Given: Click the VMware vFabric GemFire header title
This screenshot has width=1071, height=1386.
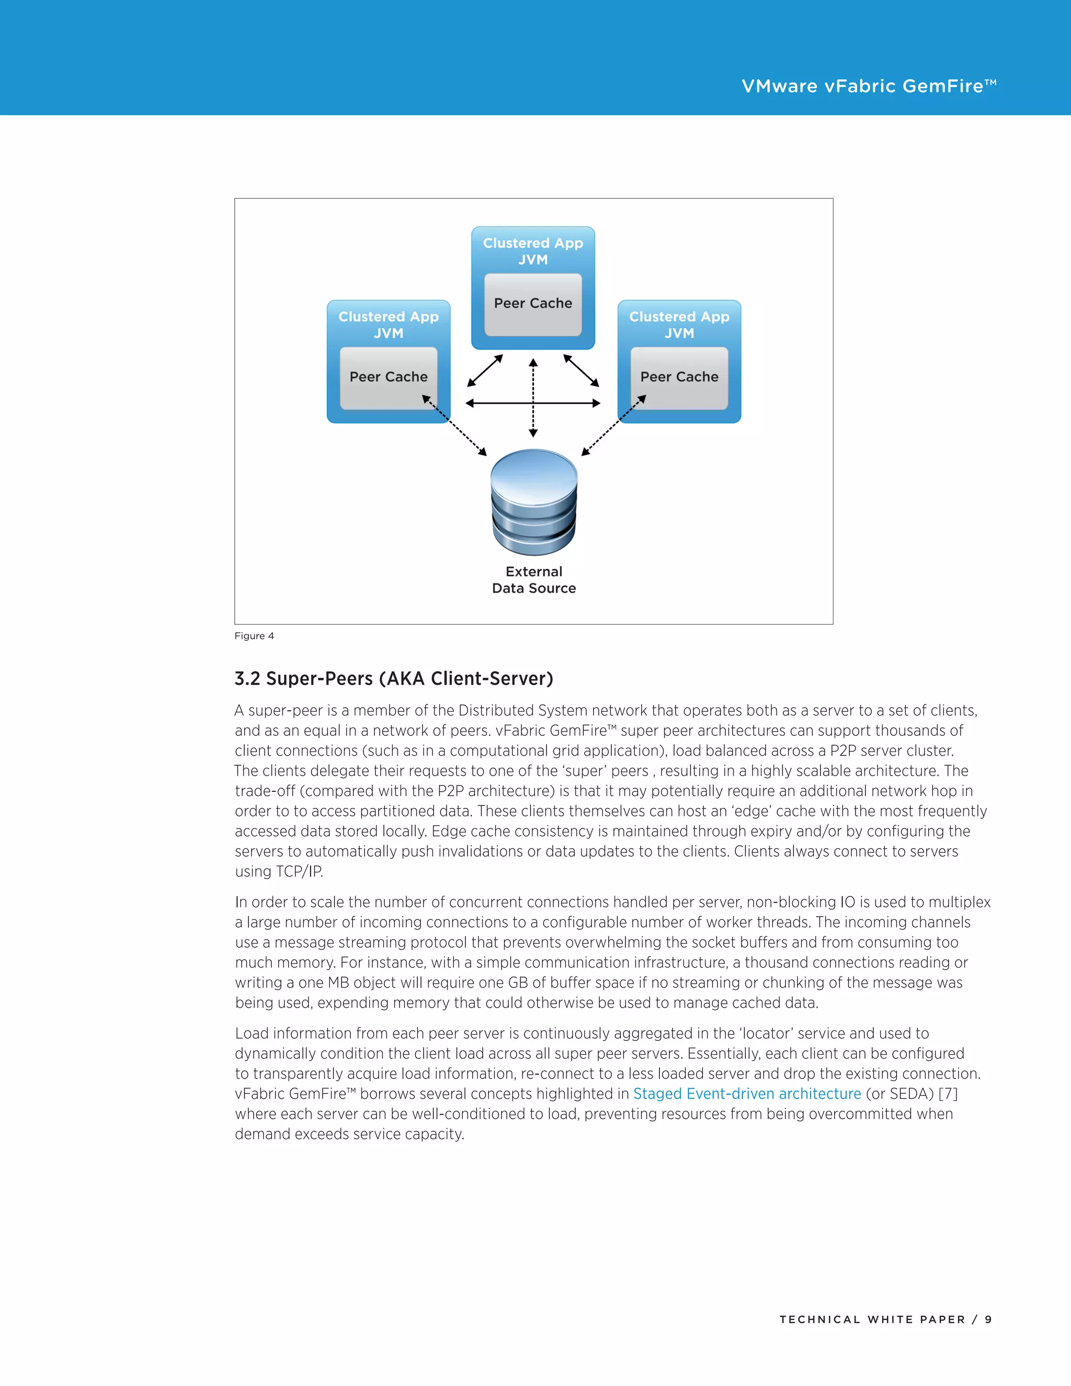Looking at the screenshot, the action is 868,86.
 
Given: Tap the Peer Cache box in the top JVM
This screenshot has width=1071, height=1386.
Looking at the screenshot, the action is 533,304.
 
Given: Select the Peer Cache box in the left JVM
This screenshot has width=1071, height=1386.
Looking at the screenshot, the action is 389,377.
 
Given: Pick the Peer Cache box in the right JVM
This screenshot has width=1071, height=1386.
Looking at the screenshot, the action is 679,377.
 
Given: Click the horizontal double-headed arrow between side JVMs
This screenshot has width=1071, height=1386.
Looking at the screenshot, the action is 533,403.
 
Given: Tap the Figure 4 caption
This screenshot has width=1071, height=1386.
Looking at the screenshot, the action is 254,636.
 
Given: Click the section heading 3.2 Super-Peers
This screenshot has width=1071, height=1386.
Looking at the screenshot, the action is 393,678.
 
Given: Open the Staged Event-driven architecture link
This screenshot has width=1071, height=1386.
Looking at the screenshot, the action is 747,1094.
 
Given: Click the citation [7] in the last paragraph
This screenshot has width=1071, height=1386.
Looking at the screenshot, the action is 947,1094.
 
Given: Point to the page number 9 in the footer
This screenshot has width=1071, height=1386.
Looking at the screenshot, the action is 988,1320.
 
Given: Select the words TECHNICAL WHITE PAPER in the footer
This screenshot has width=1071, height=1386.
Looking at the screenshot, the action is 872,1320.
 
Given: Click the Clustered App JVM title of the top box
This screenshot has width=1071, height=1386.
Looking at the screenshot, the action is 533,251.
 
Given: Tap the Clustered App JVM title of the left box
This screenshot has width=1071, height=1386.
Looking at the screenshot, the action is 389,325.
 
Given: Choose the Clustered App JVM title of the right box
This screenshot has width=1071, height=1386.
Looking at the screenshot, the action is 679,325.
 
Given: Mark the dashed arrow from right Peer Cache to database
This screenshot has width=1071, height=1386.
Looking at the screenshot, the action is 613,425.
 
